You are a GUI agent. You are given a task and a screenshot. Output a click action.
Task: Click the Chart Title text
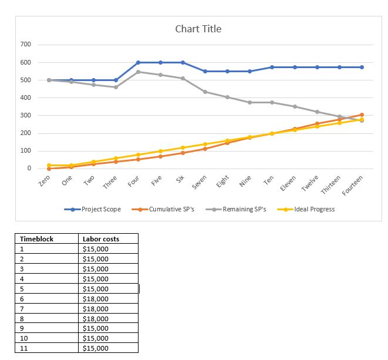[198, 29]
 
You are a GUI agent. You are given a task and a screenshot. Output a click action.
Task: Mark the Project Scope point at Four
[138, 62]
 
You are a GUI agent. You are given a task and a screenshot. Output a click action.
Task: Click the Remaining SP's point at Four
[138, 72]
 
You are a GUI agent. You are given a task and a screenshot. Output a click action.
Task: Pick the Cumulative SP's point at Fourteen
[362, 115]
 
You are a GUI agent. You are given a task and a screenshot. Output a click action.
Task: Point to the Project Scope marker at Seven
[205, 71]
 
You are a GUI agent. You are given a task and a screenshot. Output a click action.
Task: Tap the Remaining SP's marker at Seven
[205, 92]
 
